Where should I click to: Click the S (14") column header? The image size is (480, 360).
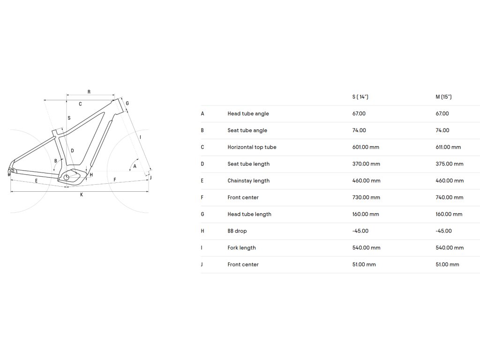360,97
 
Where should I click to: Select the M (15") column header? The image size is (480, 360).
443,97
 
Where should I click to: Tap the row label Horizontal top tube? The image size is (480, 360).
252,147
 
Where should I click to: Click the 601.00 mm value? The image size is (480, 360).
366,147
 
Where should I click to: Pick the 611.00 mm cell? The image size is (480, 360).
448,147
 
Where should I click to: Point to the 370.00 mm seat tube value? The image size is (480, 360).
366,164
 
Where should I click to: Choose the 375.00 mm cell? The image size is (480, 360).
450,164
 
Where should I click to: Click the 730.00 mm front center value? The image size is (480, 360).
366,197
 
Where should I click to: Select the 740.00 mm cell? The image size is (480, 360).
450,197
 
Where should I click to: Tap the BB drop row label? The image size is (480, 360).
237,231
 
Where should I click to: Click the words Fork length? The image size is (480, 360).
241,247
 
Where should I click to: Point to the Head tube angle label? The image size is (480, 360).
248,114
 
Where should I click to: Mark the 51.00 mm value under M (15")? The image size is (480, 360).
447,264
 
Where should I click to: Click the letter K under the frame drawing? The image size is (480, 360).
81,195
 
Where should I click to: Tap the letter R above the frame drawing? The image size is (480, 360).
89,92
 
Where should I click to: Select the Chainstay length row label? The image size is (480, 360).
248,181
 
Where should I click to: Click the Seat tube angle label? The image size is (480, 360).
247,130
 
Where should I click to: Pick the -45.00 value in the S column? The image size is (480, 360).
360,231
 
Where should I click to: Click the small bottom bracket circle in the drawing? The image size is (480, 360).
67,177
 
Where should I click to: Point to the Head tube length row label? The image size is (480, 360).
249,214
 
